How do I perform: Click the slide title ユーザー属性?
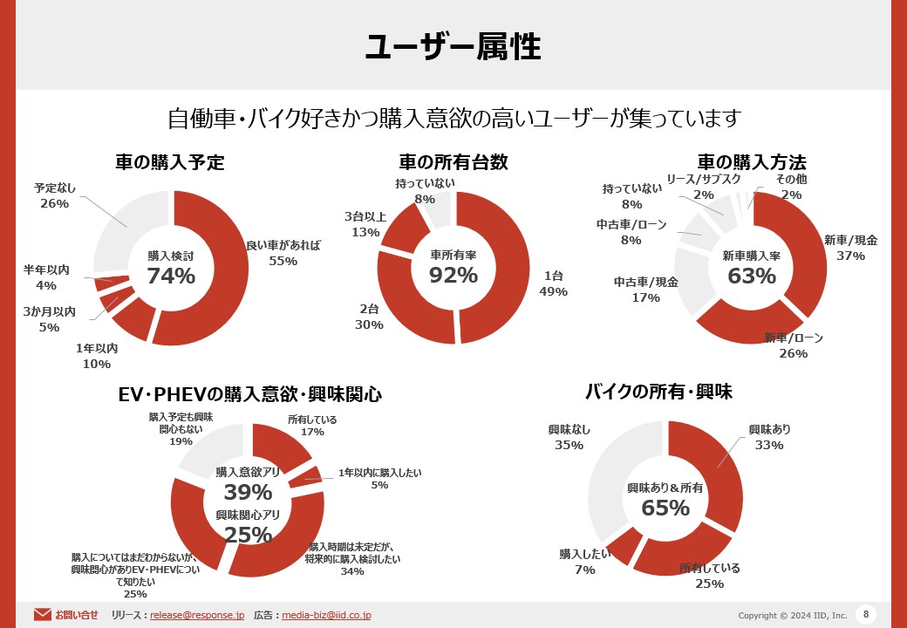tap(453, 47)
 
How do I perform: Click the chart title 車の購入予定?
tap(170, 162)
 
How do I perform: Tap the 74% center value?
tap(171, 276)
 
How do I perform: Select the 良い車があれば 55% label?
tap(283, 253)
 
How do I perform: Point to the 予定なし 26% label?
tap(54, 195)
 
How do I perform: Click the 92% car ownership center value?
tap(453, 275)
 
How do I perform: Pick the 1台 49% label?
tap(554, 283)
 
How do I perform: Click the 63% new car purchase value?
tap(752, 276)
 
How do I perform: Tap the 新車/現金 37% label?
tap(850, 248)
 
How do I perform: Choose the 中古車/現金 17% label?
tap(645, 290)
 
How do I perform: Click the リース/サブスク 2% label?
tap(704, 187)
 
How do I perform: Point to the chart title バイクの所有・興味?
tap(669, 392)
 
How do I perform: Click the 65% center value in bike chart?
tap(665, 507)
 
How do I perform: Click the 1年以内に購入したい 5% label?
tap(379, 479)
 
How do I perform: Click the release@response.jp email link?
tap(197, 615)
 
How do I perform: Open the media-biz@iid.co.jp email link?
tap(326, 615)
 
